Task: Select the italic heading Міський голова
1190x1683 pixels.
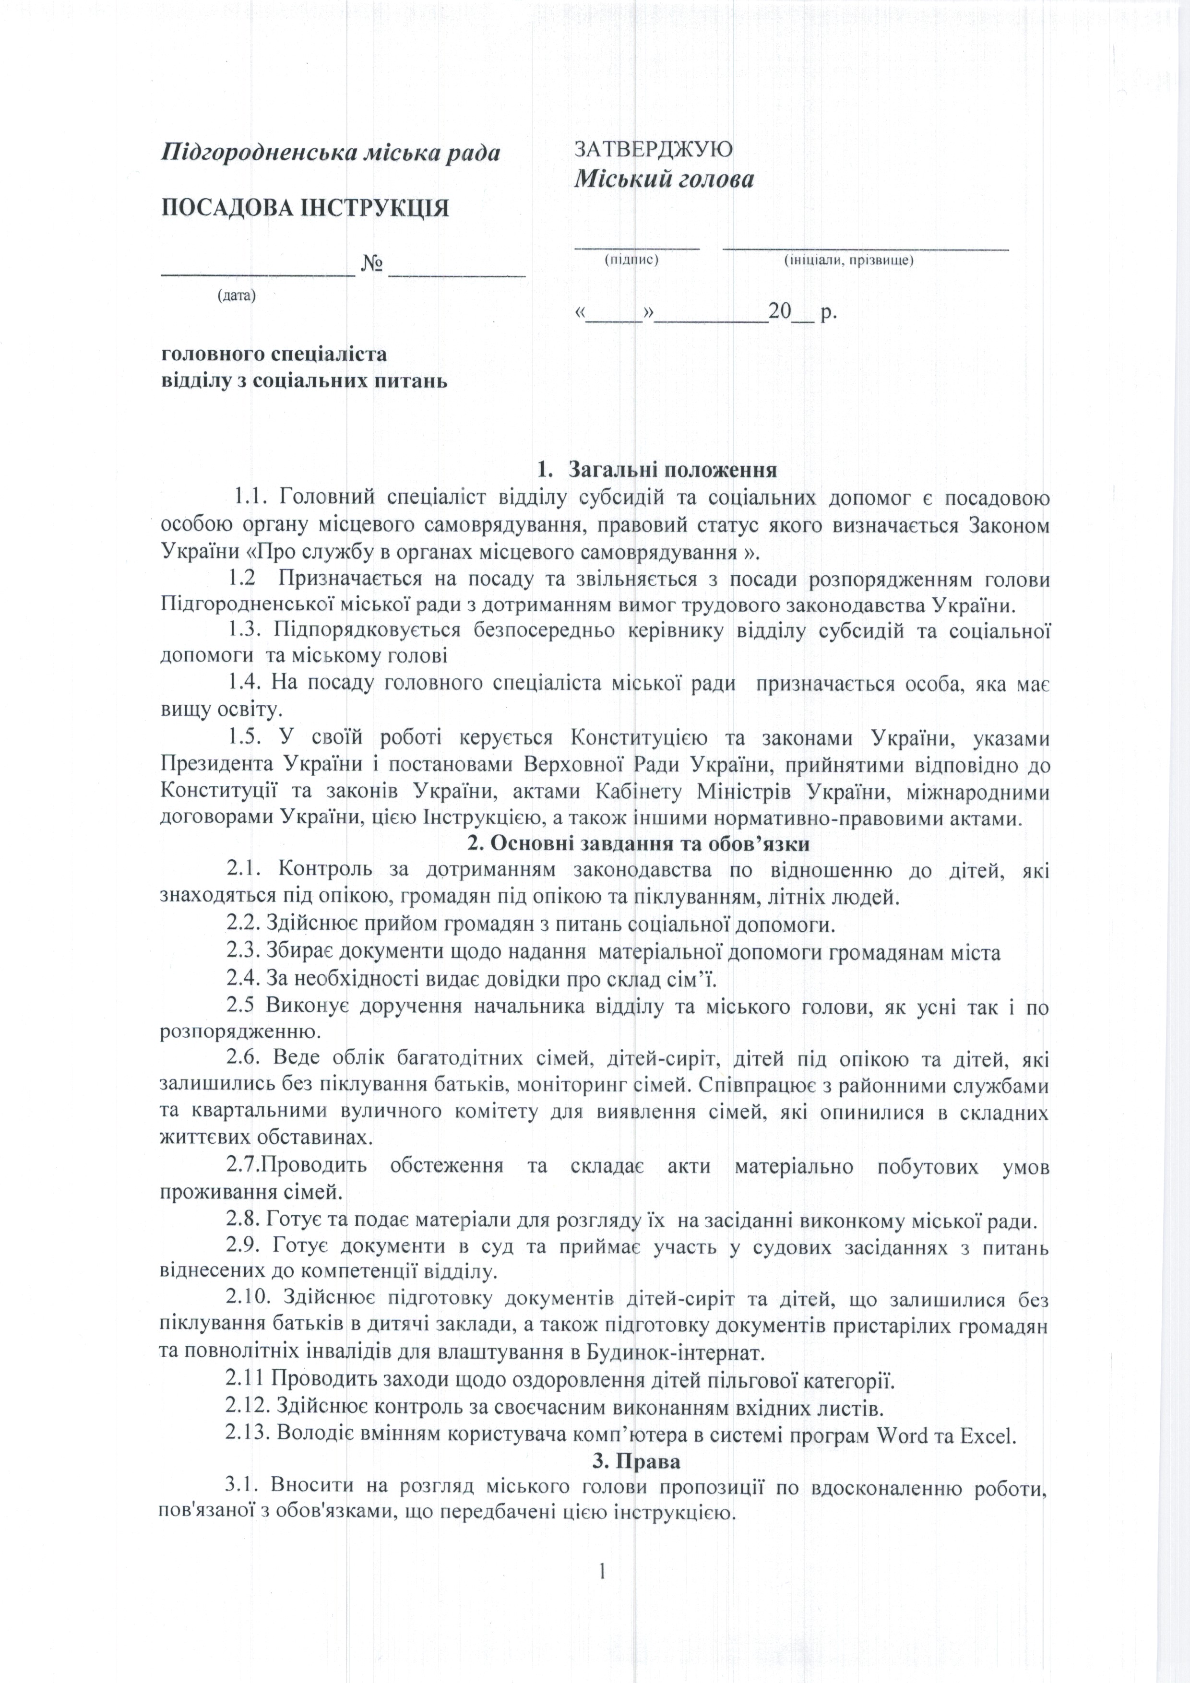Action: tap(664, 179)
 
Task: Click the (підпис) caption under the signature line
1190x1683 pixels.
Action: tap(631, 260)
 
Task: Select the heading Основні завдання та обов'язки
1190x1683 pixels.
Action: tap(638, 842)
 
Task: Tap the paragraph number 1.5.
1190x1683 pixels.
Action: tap(243, 737)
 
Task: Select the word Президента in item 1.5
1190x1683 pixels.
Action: tap(214, 765)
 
